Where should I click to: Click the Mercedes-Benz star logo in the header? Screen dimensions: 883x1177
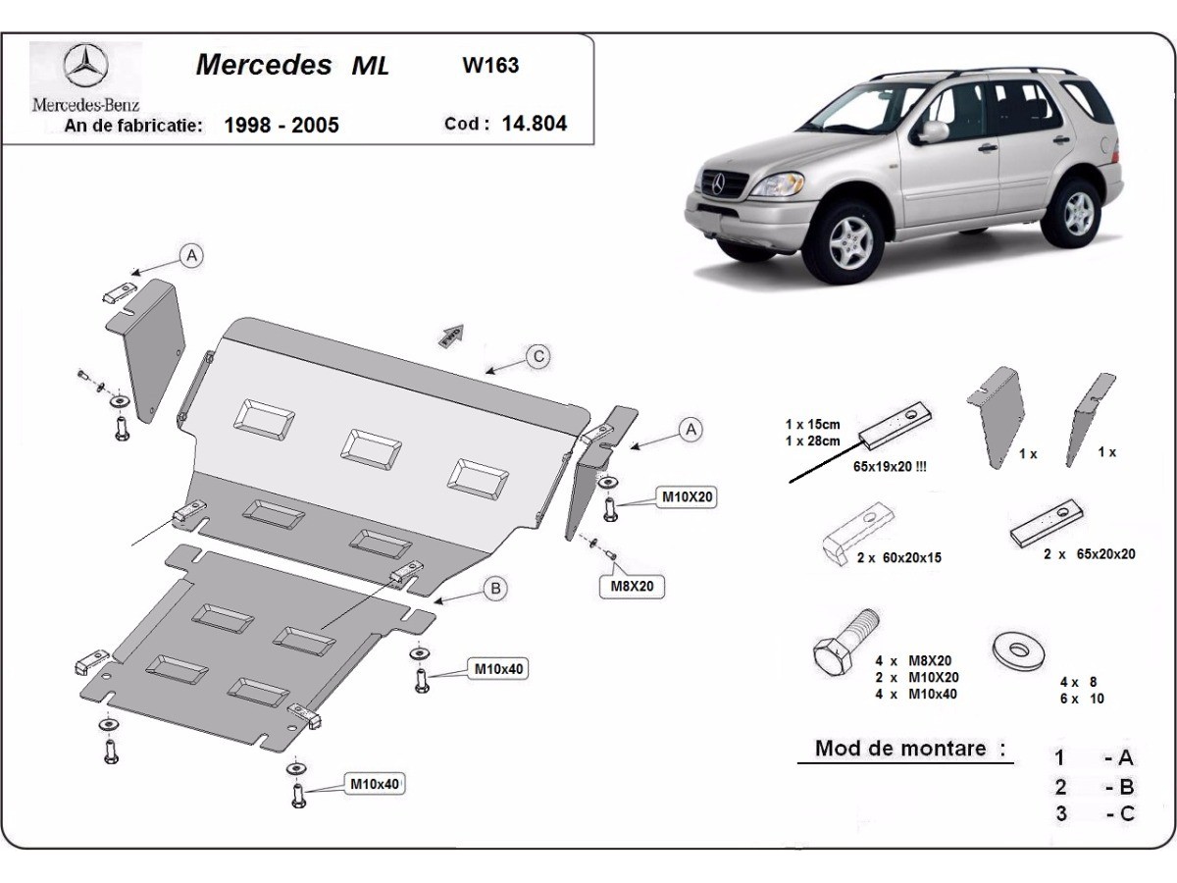(85, 67)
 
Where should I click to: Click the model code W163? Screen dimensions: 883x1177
(490, 67)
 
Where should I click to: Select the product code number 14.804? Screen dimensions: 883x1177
(534, 124)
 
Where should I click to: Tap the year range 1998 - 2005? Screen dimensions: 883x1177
(281, 125)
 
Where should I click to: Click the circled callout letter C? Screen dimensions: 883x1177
(537, 356)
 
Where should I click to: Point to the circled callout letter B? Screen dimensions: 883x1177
(496, 589)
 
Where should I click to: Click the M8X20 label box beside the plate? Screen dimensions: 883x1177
(633, 587)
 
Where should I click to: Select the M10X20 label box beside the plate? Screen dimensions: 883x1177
(688, 497)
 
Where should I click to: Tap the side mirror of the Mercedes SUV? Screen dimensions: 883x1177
(932, 131)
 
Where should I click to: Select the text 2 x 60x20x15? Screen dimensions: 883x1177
(897, 557)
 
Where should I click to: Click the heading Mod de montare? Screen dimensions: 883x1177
(900, 749)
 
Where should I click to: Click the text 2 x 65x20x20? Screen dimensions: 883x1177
(1090, 553)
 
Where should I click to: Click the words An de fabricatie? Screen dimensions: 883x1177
(134, 126)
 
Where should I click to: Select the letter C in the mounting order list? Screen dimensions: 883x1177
(1126, 812)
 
